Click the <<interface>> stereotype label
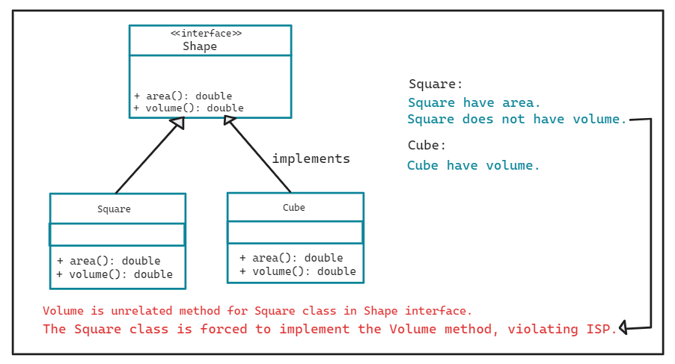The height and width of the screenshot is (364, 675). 206,33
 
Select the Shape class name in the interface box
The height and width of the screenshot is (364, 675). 200,46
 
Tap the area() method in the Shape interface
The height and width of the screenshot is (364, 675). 183,96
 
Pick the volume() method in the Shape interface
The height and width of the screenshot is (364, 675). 189,108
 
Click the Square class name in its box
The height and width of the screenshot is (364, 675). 114,209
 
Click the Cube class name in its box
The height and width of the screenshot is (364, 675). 294,207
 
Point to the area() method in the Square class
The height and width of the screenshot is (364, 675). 109,261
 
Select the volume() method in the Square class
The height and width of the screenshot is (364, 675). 114,274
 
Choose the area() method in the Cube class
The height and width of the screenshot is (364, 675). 291,258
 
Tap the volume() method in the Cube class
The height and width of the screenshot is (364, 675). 298,271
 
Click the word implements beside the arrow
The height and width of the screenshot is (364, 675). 311,158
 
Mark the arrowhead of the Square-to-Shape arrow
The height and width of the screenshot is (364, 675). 177,123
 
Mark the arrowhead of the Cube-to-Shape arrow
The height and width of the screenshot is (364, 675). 229,123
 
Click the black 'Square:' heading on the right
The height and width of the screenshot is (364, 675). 436,84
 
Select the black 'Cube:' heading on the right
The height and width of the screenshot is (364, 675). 427,145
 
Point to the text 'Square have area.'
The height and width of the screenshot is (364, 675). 474,103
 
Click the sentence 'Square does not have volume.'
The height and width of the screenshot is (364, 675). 517,120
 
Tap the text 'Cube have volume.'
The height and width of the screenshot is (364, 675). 473,165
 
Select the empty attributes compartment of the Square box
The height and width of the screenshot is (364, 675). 117,235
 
